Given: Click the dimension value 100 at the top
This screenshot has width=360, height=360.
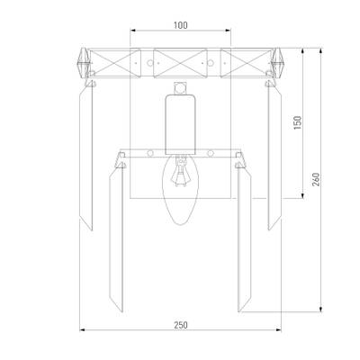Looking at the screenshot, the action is pos(181,25).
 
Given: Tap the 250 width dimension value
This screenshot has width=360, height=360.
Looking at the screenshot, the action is pos(181,325).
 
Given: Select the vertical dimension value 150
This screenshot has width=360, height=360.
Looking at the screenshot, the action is pos(298,122).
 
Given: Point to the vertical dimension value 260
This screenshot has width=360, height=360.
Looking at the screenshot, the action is pos(316,179).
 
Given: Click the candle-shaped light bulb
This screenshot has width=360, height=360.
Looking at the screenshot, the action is pos(180,190).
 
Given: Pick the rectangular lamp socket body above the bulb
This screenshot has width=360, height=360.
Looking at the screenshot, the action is pos(180,124).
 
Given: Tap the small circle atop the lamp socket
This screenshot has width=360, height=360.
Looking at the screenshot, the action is pos(180,88).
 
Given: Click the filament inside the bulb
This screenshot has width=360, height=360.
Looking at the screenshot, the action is pos(180,174).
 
